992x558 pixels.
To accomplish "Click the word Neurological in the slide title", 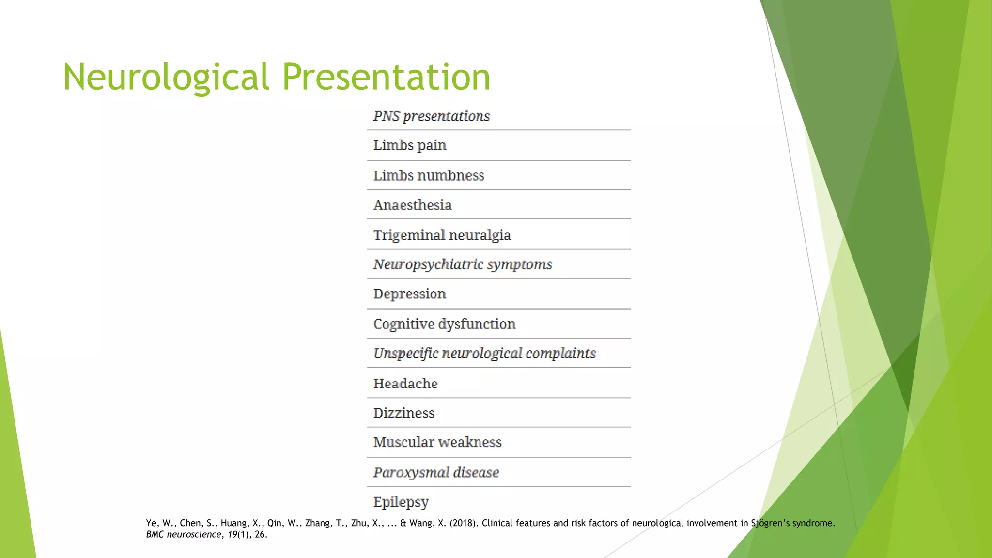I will point(166,77).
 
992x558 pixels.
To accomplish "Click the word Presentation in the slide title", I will point(386,77).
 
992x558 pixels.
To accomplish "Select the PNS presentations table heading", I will point(431,116).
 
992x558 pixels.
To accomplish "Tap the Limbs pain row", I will point(409,145).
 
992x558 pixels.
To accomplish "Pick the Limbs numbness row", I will point(428,175).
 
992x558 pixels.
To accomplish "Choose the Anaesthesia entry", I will point(412,205).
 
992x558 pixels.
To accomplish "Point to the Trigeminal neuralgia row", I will point(442,235).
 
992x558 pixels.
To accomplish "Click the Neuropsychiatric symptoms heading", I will point(462,264).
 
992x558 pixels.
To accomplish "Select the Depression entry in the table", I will point(409,294).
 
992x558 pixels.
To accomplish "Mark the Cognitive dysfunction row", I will point(444,324).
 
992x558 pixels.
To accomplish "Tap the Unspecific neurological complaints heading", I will point(484,354).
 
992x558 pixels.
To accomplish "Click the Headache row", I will point(405,384).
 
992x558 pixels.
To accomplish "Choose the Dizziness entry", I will point(403,413).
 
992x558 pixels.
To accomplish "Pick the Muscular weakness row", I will point(437,442).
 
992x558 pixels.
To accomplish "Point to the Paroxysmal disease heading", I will point(435,472).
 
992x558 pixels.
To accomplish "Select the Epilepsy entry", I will point(401,502).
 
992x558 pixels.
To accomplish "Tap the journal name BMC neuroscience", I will point(184,535).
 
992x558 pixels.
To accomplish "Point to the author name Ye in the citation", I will point(151,523).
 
